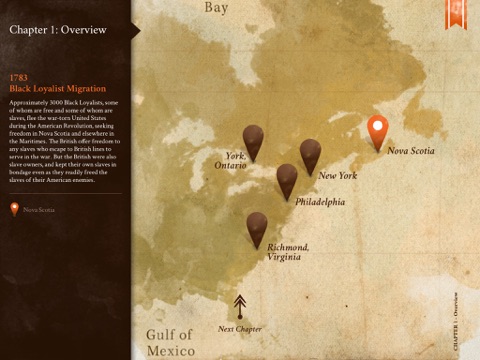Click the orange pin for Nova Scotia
pyautogui.click(x=377, y=131)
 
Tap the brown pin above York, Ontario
pyautogui.click(x=254, y=140)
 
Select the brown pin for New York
pyautogui.click(x=310, y=154)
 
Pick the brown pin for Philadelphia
pyautogui.click(x=287, y=179)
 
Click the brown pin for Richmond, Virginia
pyautogui.click(x=257, y=227)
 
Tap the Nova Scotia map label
pyautogui.click(x=411, y=151)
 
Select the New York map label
pyautogui.click(x=337, y=176)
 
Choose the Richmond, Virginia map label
pyautogui.click(x=288, y=251)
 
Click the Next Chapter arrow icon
pyautogui.click(x=240, y=305)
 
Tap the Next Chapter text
pyautogui.click(x=240, y=329)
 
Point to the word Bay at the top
pyautogui.click(x=216, y=9)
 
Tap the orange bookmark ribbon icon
pyautogui.click(x=454, y=12)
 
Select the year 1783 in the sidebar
pyautogui.click(x=17, y=77)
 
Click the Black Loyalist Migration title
pyautogui.click(x=50, y=88)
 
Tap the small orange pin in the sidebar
pyautogui.click(x=14, y=209)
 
